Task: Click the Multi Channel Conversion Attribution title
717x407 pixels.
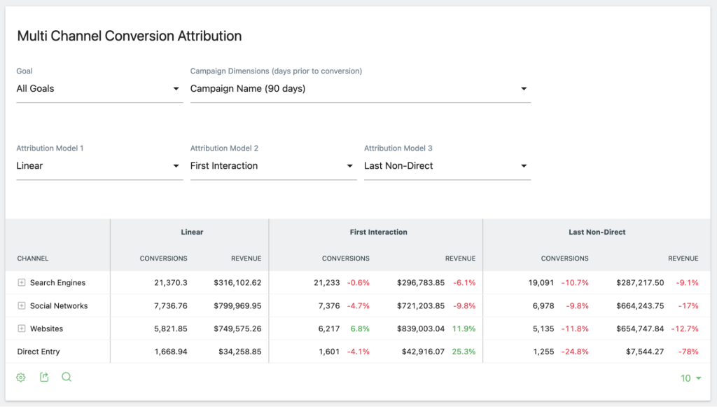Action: pyautogui.click(x=129, y=36)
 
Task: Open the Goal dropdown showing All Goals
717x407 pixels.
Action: pyautogui.click(x=99, y=89)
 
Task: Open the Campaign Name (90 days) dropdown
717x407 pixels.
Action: pyautogui.click(x=359, y=89)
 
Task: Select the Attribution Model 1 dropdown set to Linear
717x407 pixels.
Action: pyautogui.click(x=99, y=166)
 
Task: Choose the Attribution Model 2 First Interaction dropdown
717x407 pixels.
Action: pyautogui.click(x=272, y=166)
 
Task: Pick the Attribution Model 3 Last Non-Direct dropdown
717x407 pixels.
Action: pyautogui.click(x=446, y=166)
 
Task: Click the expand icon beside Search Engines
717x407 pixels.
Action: pyautogui.click(x=22, y=283)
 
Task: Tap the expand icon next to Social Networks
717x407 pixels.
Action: pyautogui.click(x=22, y=306)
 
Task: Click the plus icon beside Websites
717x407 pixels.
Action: pyautogui.click(x=22, y=329)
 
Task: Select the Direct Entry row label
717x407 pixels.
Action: pyautogui.click(x=39, y=352)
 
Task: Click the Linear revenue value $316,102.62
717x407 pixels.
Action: pyautogui.click(x=237, y=283)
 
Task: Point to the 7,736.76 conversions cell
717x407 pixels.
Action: pyautogui.click(x=171, y=306)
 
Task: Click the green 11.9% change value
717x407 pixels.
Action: pyautogui.click(x=464, y=329)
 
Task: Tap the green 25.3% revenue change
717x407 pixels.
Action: pyautogui.click(x=464, y=352)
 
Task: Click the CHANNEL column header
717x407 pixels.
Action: pyautogui.click(x=33, y=258)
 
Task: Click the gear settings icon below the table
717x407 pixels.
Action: pyautogui.click(x=21, y=378)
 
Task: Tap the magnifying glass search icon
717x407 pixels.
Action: pyautogui.click(x=67, y=377)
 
